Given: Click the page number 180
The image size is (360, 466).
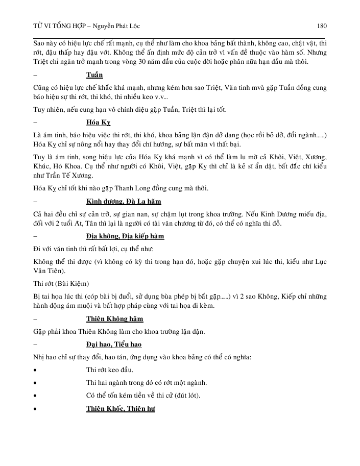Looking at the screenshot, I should coord(322,26).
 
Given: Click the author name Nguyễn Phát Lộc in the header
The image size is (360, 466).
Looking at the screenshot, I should coord(104,26).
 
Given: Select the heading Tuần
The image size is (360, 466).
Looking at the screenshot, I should coord(94,75).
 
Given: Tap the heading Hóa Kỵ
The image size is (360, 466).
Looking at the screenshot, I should coord(99,122).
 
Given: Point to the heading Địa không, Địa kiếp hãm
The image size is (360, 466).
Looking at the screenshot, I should coord(125,236).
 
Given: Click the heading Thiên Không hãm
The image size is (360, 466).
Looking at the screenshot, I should coord(115,318).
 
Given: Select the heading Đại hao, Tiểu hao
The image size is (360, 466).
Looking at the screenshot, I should coord(114,345).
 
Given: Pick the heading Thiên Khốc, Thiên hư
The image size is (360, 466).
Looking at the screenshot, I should coord(121,408).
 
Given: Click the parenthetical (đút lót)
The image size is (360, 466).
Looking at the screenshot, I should coord(185,396).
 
